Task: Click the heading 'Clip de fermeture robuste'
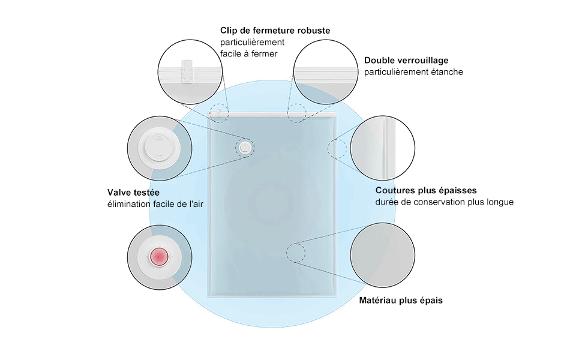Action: (x=275, y=31)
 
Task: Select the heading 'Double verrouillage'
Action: (x=406, y=61)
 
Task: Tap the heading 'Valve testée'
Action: (x=134, y=193)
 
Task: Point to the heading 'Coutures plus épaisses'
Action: (x=426, y=190)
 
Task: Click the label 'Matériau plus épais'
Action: (x=401, y=300)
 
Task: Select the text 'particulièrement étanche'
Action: (x=413, y=72)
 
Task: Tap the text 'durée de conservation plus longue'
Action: (x=445, y=202)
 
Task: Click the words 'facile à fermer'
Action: (x=248, y=54)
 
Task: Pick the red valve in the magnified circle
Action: (x=160, y=257)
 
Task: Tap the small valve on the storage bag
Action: (x=244, y=147)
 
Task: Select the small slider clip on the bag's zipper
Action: (x=220, y=112)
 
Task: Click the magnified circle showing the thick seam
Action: (x=383, y=148)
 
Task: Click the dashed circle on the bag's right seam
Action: (x=337, y=148)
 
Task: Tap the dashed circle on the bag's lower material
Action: (x=295, y=253)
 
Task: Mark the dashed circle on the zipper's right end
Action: (x=296, y=113)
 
